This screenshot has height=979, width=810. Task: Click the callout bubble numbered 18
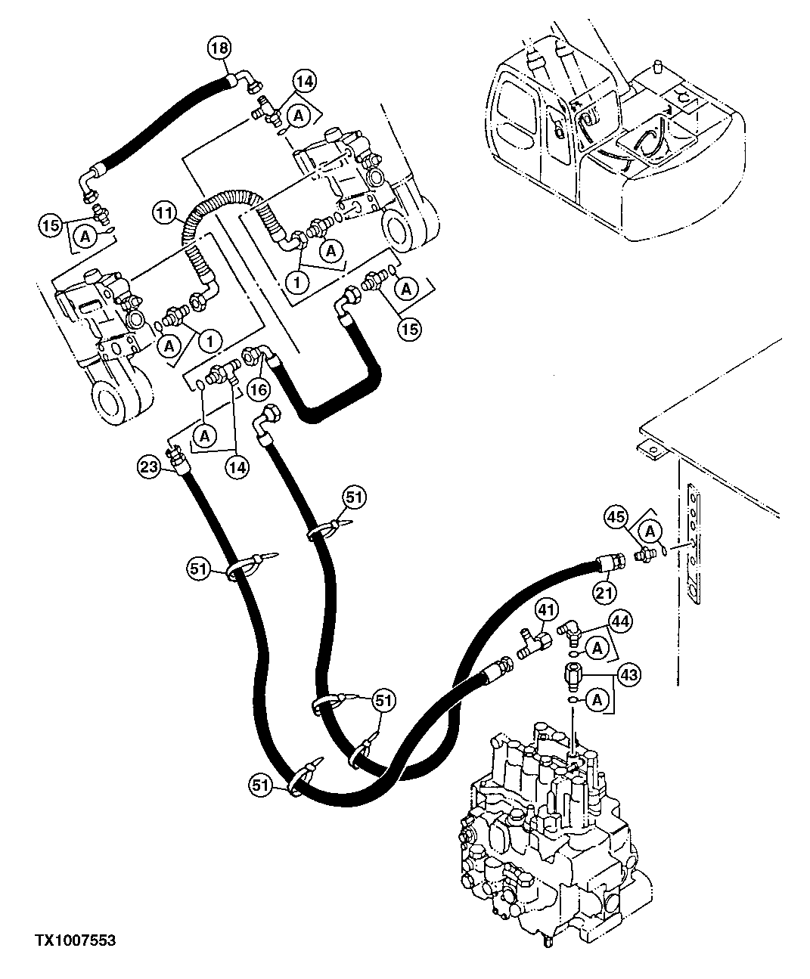(x=219, y=49)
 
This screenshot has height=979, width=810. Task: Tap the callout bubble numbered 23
(x=148, y=467)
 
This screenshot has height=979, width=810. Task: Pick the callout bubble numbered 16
(x=258, y=390)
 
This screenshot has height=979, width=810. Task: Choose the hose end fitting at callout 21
(x=610, y=563)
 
